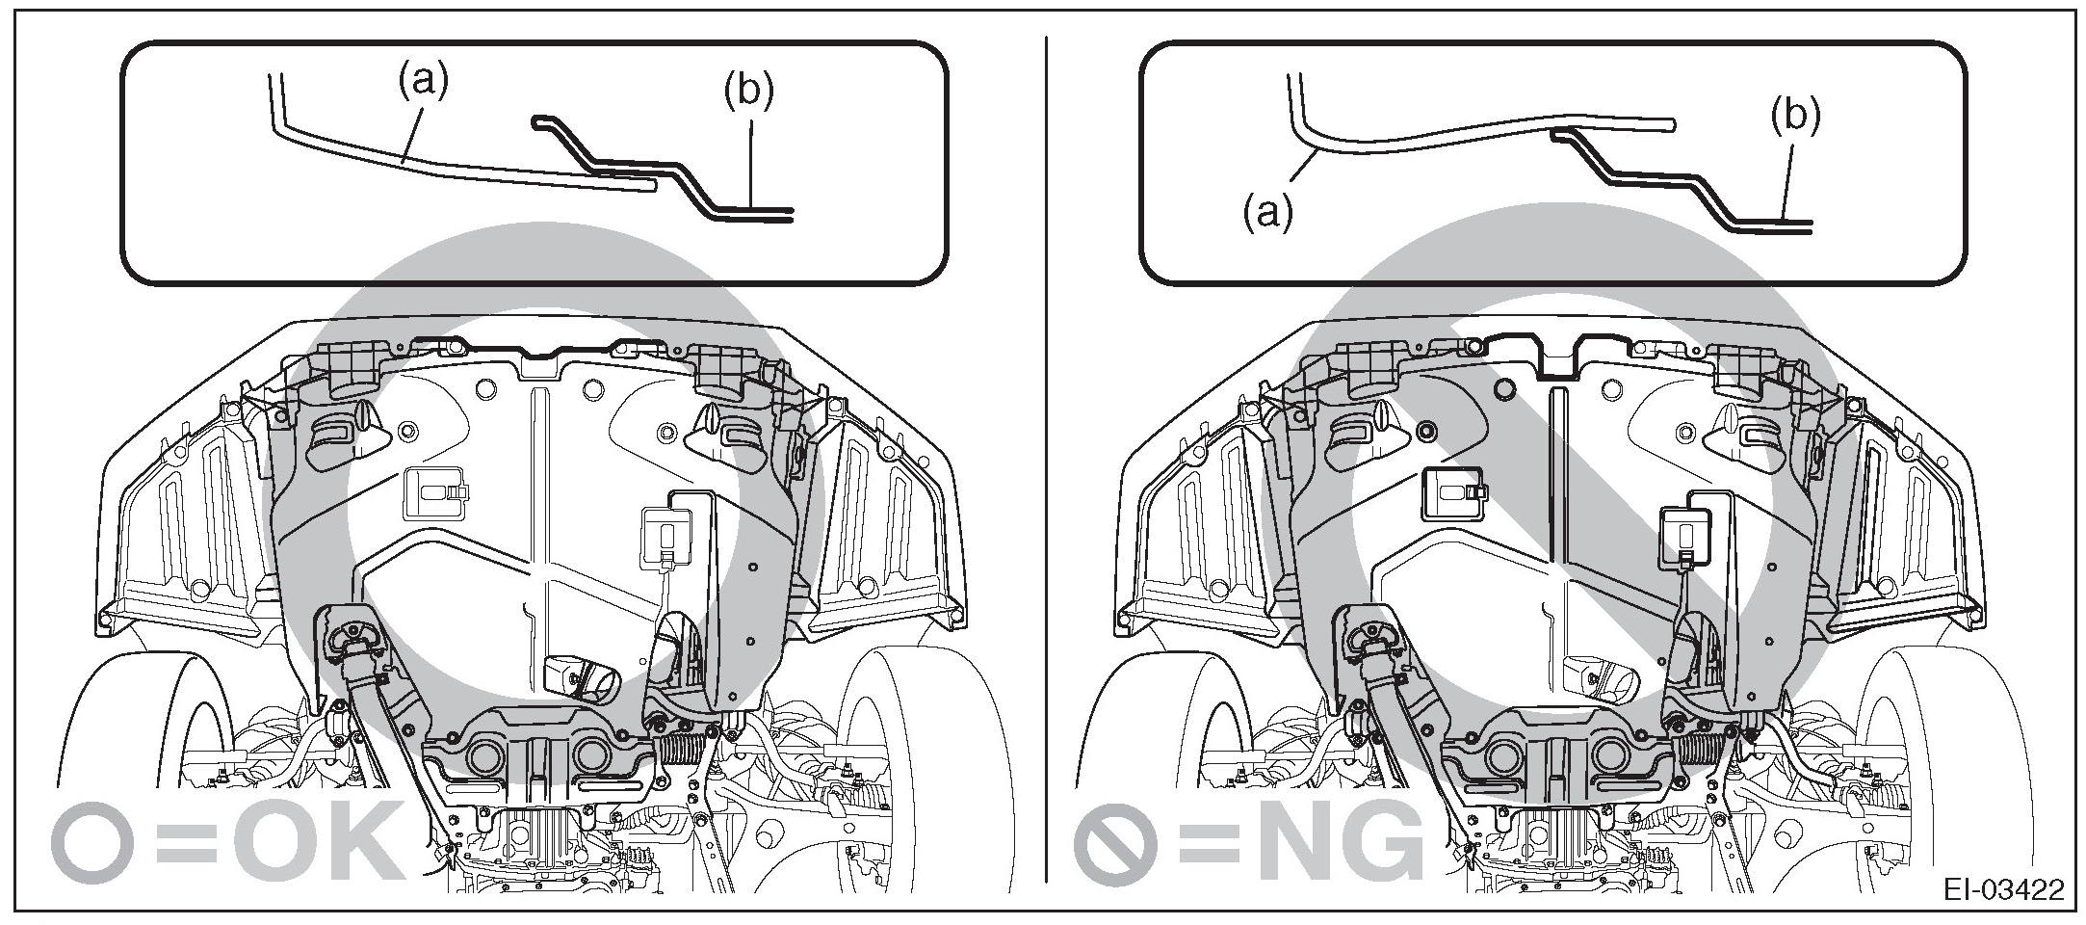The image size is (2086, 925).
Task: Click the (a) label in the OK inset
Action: pos(424,83)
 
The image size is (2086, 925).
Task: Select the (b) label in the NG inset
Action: pos(1795,117)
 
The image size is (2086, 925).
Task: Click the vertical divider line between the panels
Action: pos(1047,462)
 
